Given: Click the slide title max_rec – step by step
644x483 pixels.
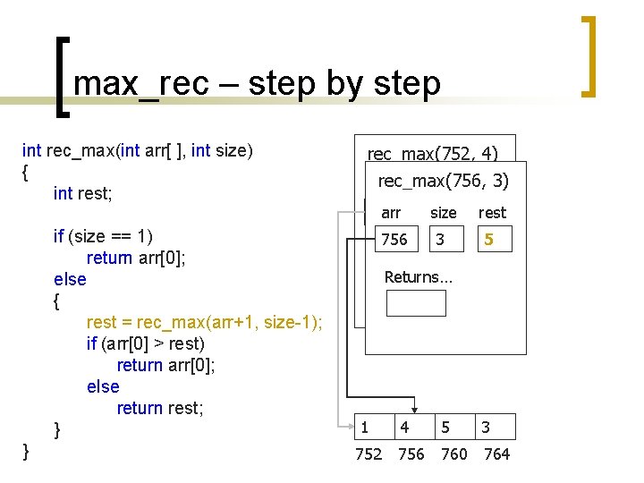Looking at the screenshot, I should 257,83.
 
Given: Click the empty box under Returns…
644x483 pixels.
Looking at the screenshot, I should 415,303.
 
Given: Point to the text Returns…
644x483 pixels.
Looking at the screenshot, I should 419,277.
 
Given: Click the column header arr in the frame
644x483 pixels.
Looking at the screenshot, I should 391,213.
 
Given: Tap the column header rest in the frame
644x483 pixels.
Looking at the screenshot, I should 492,213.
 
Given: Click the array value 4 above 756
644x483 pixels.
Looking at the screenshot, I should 405,428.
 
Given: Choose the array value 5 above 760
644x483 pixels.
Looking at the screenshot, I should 445,428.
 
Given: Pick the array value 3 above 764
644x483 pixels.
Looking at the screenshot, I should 486,428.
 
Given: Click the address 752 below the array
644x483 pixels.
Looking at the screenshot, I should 369,454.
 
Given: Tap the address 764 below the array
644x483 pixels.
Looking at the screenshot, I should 496,454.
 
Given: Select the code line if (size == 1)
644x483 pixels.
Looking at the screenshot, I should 103,237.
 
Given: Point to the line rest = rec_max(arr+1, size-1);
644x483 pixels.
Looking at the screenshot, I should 205,322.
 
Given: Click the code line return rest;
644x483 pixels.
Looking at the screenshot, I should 160,409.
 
